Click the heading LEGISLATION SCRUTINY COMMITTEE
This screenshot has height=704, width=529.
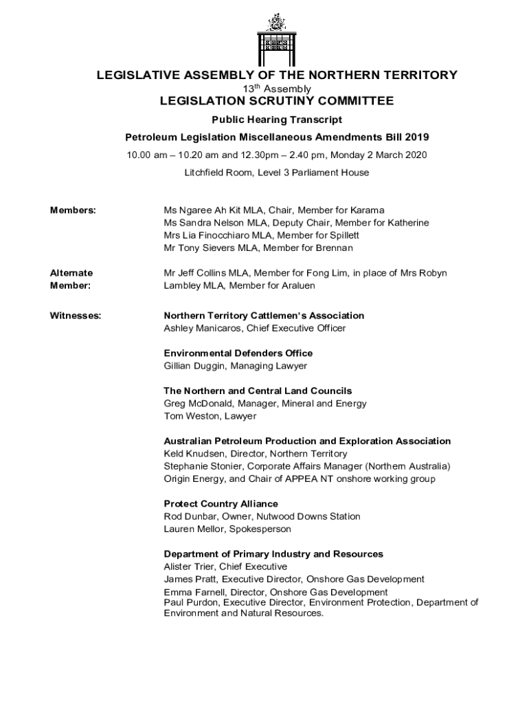click(277, 102)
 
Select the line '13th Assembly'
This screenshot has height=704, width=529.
click(277, 89)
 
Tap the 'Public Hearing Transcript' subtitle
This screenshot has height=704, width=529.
click(277, 120)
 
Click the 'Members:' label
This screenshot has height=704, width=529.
click(73, 210)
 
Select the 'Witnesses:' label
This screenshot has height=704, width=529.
click(76, 316)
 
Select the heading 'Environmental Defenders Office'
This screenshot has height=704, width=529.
click(238, 353)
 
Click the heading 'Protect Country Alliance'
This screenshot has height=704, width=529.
click(221, 504)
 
